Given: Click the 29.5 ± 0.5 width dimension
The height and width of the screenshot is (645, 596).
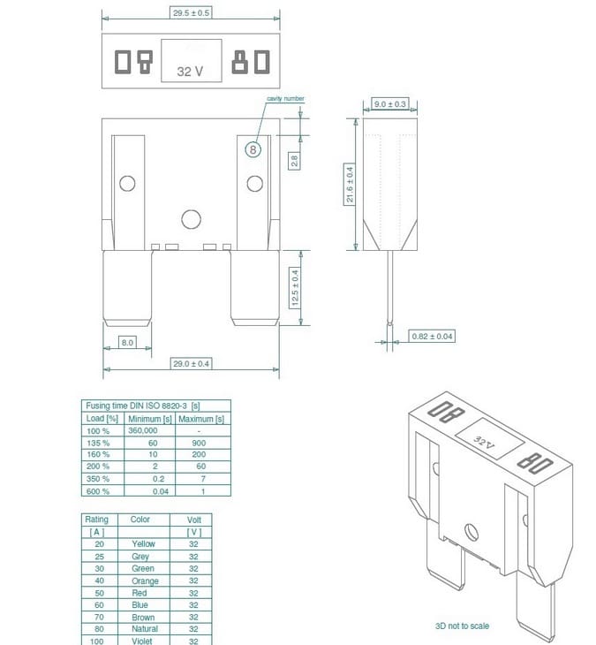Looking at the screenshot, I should click(192, 13).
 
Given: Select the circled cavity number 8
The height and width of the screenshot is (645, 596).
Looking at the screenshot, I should click(253, 149).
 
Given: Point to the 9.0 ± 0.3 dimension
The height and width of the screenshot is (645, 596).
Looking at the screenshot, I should click(389, 104).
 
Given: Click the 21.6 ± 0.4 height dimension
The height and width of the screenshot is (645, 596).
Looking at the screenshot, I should click(350, 185).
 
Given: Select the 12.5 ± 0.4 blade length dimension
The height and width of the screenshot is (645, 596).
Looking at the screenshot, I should click(296, 287).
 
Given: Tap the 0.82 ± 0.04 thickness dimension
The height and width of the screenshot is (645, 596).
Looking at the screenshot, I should click(433, 336).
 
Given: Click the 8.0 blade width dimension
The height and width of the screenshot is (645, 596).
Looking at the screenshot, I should click(127, 342).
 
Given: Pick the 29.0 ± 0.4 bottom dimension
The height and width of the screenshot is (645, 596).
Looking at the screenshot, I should click(191, 363).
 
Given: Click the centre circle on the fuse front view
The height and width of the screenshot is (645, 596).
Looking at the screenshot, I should click(191, 219).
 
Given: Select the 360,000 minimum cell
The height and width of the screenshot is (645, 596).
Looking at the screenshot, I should click(143, 429).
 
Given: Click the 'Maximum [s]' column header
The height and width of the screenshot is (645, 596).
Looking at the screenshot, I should click(201, 418).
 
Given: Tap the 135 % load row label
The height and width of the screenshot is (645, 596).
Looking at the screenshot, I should click(98, 442).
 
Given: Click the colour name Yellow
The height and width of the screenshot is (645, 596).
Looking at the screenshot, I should click(143, 544).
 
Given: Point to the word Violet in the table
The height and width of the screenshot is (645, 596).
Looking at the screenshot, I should click(143, 641).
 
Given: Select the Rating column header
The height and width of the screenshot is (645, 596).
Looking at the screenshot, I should click(96, 520).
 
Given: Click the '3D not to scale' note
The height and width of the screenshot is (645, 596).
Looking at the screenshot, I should click(463, 626).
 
